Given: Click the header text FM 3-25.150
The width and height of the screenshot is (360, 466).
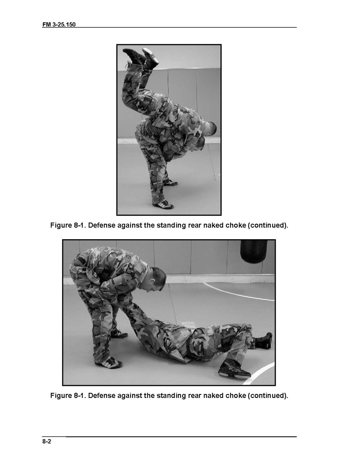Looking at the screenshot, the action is pos(59,25).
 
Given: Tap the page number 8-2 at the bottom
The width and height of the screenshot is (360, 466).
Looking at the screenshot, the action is pos(47,441).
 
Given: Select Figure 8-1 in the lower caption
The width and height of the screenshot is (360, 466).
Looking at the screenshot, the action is pos(68,396).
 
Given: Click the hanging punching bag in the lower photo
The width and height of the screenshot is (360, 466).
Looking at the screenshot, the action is pos(253,251).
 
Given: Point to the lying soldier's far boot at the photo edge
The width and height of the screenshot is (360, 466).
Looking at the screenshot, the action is pos(264,341).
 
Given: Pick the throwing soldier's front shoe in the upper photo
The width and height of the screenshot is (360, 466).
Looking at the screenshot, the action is pos(163,205).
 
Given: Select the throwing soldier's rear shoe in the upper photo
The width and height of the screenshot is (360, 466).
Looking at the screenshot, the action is pos(170,182).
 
